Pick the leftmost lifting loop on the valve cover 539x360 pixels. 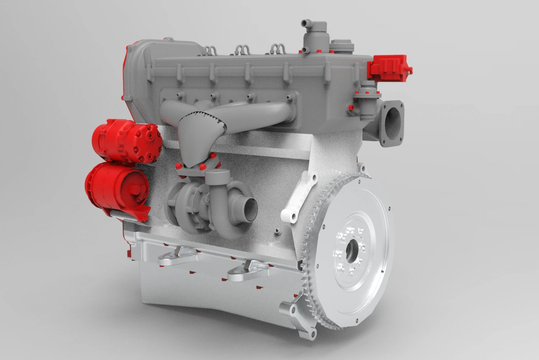pyautogui.click(x=211, y=50)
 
